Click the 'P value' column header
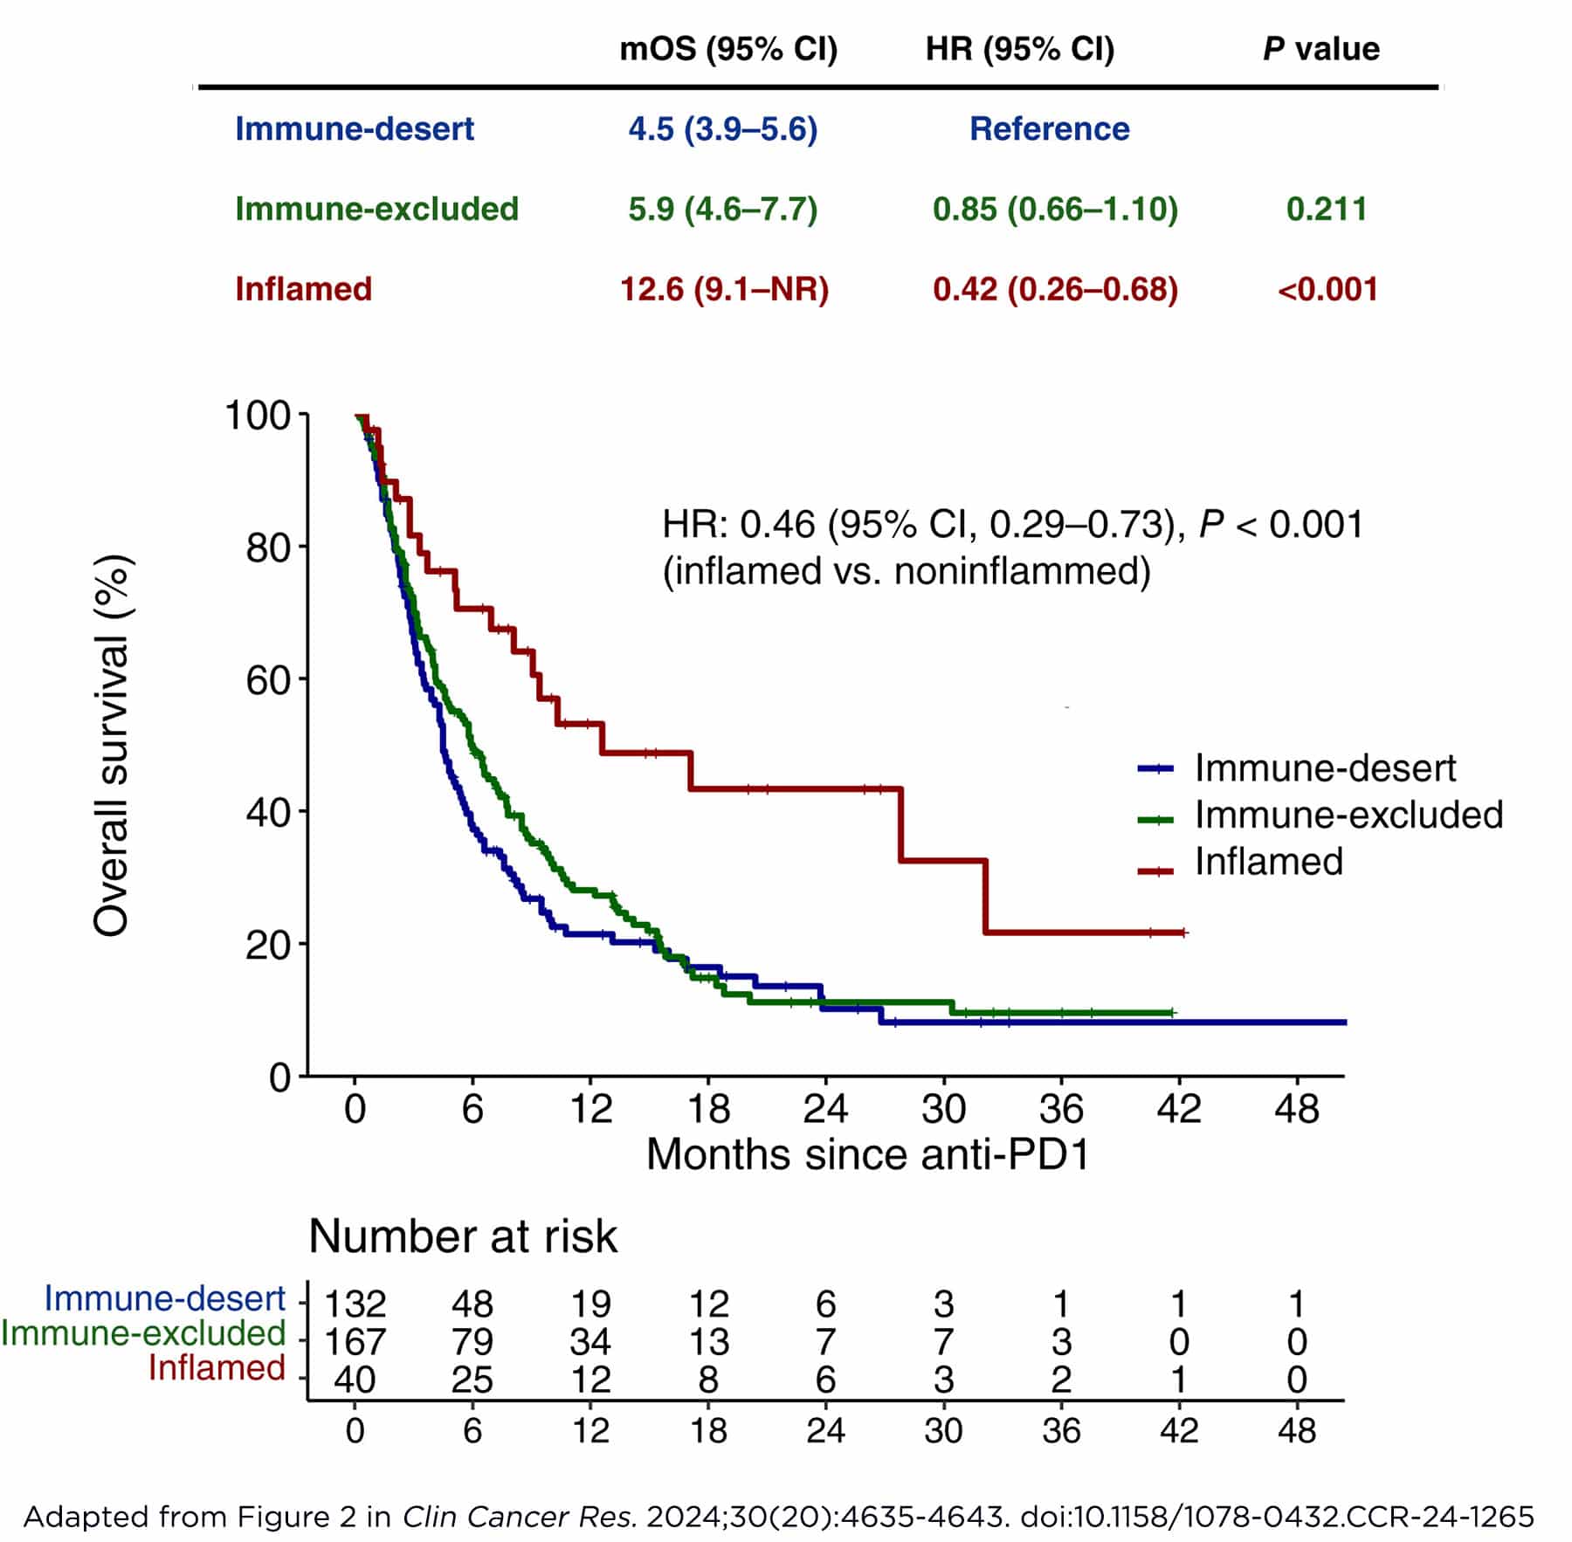click(1320, 49)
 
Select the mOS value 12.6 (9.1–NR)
click(724, 289)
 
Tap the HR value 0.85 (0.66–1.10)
click(1055, 209)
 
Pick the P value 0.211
click(1326, 209)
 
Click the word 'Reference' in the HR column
click(1049, 128)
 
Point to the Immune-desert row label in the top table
click(354, 128)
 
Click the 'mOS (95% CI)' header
click(728, 49)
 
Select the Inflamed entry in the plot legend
click(1268, 861)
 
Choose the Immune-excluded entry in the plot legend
click(1348, 814)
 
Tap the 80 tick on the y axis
click(269, 548)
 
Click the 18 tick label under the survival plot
click(708, 1109)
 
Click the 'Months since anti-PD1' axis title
click(867, 1154)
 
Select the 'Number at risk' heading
click(463, 1236)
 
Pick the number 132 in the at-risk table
click(355, 1305)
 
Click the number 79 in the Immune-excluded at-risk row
click(472, 1342)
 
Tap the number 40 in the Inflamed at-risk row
click(355, 1380)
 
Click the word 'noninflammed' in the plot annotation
click(1013, 571)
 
